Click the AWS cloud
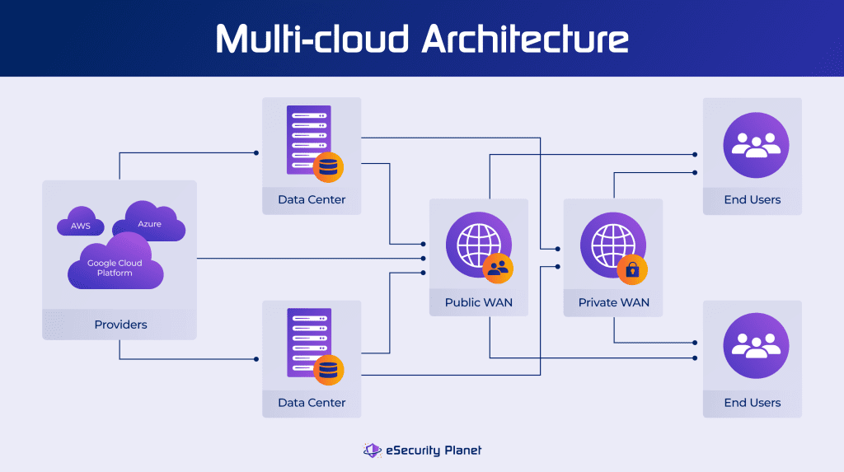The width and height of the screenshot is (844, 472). coord(80,226)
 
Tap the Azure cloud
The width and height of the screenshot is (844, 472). coord(149,223)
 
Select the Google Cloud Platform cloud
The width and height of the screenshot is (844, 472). coord(115,265)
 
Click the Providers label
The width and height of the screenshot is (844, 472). coord(120,325)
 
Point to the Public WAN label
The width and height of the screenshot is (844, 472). coord(479,302)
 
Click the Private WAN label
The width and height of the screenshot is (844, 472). coord(613,302)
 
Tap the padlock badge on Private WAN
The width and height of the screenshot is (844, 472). coord(632,269)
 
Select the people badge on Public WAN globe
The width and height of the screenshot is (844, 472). coord(498,267)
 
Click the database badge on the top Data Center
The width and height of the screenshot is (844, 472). coord(328,166)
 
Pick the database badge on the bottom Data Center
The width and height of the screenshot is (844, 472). coord(328,370)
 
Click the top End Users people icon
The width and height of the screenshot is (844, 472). coord(752,146)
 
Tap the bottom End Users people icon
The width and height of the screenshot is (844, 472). coord(752,346)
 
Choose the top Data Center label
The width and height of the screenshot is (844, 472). coord(312,199)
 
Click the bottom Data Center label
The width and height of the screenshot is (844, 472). coord(312,403)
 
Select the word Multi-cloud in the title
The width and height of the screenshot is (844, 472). coord(312,39)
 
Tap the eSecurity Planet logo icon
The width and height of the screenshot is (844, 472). coord(372,450)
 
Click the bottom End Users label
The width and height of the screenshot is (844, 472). coord(752,403)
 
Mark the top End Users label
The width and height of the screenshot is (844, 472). coord(752,199)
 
